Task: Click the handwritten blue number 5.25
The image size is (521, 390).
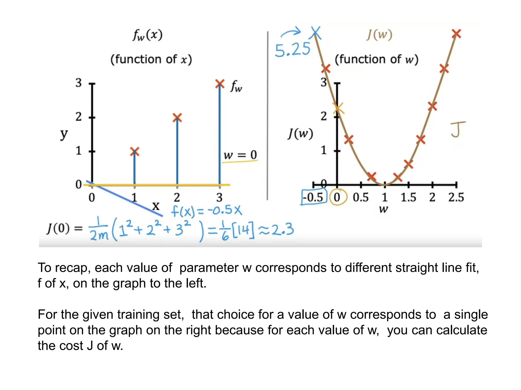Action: click(x=293, y=50)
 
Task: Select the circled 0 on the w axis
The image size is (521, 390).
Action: click(x=337, y=197)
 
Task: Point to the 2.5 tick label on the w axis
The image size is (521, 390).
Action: click(x=456, y=197)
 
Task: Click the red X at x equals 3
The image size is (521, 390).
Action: click(x=220, y=84)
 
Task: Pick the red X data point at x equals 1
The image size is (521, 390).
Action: click(x=135, y=152)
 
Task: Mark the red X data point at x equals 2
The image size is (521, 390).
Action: click(x=177, y=118)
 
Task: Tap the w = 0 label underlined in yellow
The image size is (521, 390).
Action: click(x=240, y=155)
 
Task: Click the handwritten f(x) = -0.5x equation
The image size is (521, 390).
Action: click(x=206, y=211)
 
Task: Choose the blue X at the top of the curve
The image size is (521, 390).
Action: click(x=316, y=33)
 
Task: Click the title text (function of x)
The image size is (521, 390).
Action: click(x=151, y=59)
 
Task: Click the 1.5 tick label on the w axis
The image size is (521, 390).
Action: click(x=408, y=197)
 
